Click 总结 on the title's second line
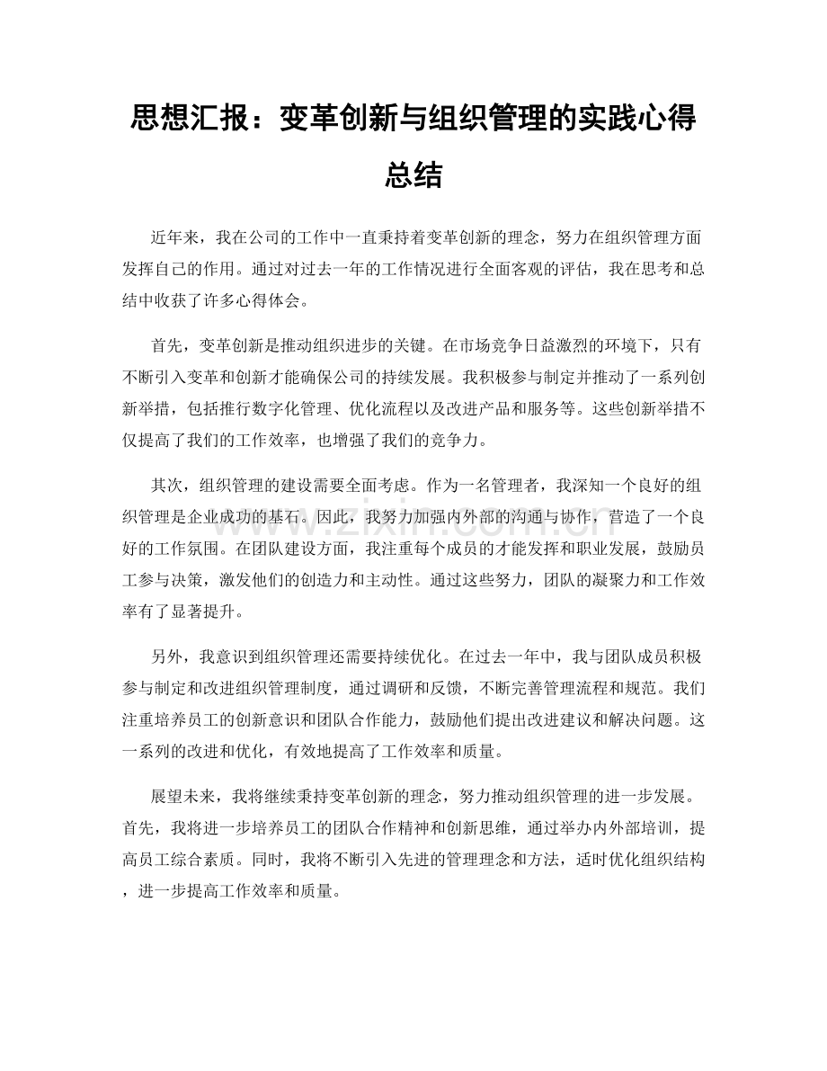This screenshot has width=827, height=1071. [413, 173]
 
